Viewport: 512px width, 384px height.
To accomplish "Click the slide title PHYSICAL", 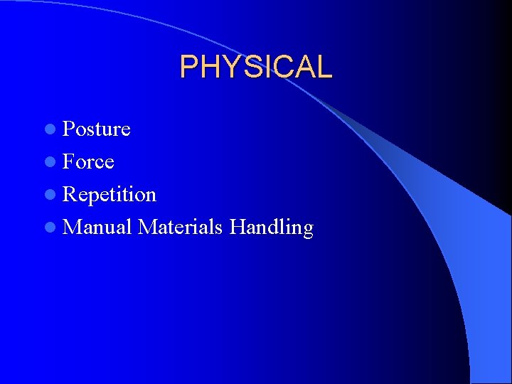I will tap(255, 67).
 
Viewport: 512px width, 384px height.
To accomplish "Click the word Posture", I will tap(96, 129).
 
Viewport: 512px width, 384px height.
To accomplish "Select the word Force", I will tap(88, 162).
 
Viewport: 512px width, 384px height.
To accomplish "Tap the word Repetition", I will tap(109, 195).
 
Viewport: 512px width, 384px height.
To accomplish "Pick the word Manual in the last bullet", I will tap(97, 228).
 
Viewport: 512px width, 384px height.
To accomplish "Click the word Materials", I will tap(181, 228).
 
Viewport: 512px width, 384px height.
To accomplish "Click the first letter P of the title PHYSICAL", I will tap(188, 67).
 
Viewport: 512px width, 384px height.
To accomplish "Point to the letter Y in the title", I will tap(230, 67).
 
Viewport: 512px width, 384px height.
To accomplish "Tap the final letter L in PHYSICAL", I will tap(324, 67).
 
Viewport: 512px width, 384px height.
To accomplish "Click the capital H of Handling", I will tap(238, 228).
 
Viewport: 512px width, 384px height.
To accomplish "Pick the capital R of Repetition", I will tap(70, 195).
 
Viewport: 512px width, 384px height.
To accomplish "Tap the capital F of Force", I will tap(69, 162).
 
